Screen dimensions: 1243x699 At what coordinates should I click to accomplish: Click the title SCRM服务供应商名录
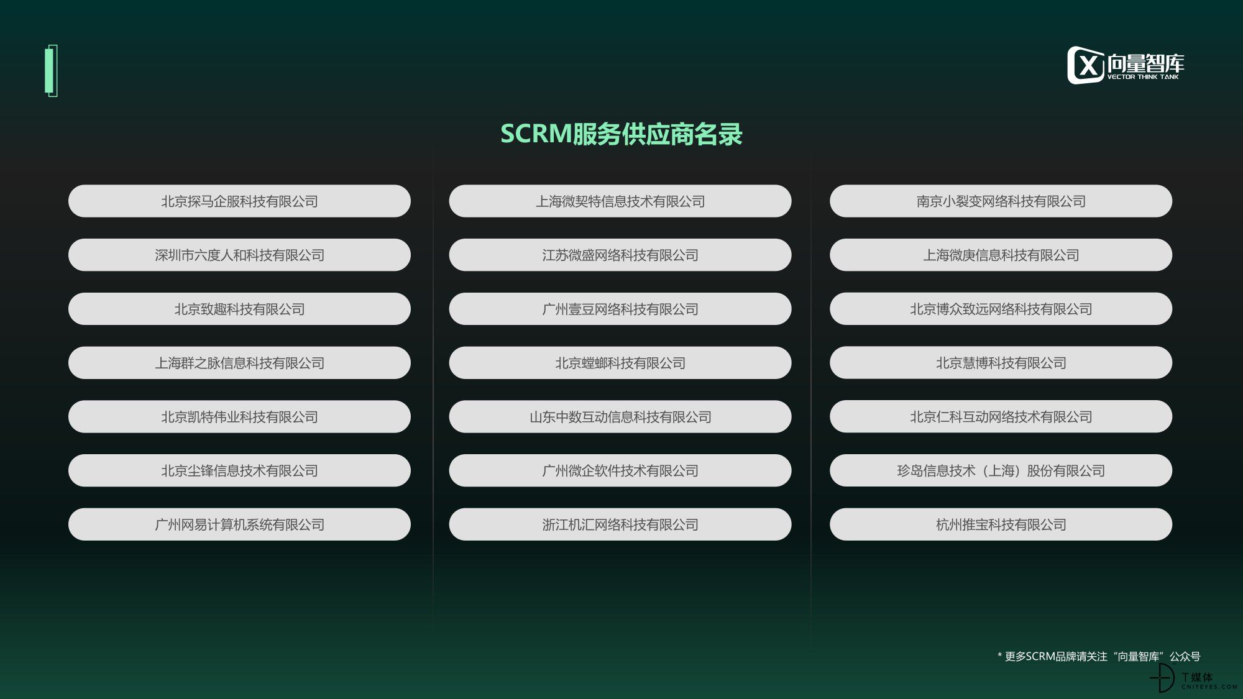(x=621, y=134)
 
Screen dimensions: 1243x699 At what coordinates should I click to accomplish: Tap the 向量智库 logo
(x=1126, y=65)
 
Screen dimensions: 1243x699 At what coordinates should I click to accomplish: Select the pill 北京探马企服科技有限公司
(x=239, y=201)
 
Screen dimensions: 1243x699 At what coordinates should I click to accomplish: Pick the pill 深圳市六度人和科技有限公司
(x=239, y=255)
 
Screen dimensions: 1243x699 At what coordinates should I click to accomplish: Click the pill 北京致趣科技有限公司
(x=239, y=309)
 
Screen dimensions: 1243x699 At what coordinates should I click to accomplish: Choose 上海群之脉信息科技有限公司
(x=239, y=363)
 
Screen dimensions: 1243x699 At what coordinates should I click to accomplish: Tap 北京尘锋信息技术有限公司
(x=239, y=470)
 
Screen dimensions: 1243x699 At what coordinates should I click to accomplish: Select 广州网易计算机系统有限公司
(x=239, y=524)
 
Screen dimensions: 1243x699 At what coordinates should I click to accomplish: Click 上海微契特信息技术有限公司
(x=620, y=201)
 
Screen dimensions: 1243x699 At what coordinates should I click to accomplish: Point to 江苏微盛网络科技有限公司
(x=620, y=255)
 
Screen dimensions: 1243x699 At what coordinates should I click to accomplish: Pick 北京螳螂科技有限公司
(x=620, y=363)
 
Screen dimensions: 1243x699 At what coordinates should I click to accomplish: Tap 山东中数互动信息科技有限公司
(x=620, y=417)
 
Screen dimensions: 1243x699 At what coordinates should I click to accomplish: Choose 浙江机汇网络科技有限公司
(x=620, y=524)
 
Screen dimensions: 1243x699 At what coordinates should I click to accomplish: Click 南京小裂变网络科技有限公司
(x=1001, y=201)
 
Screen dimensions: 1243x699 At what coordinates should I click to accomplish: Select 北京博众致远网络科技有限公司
(x=1001, y=309)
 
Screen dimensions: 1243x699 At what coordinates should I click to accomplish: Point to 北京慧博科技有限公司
(x=1001, y=363)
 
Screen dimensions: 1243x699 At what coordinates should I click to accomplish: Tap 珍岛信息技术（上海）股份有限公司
(x=1001, y=470)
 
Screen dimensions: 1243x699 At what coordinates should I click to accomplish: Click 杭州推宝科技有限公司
(x=1001, y=524)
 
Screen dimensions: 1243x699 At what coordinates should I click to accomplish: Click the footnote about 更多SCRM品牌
(x=1099, y=656)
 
